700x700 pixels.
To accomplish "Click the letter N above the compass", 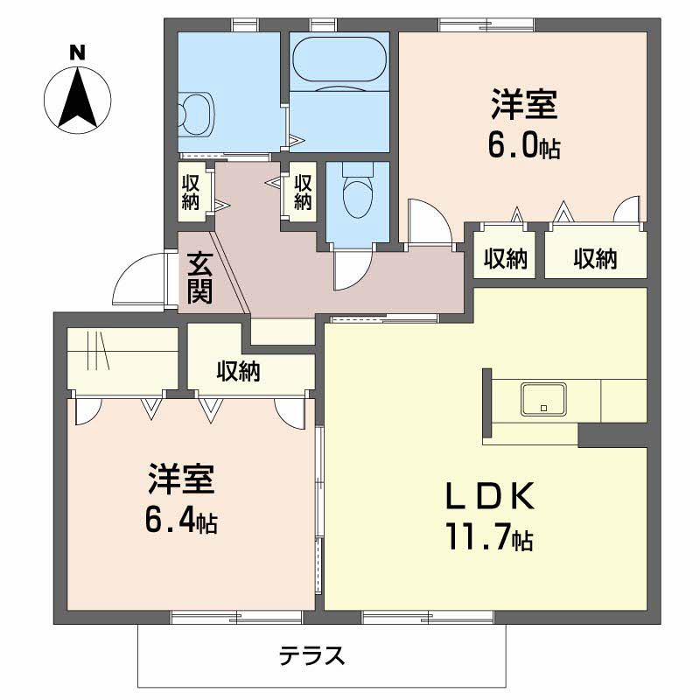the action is click(77, 53).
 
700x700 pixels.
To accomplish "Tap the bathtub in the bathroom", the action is click(339, 58).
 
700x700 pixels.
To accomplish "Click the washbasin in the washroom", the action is click(197, 115).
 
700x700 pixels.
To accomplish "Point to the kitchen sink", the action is click(543, 399).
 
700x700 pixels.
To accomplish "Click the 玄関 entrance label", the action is click(199, 277).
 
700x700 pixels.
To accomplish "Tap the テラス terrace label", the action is click(312, 655).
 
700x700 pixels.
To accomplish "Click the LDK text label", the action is click(490, 496).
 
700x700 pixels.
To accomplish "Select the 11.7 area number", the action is click(477, 537).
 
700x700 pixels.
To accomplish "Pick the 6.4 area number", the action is click(170, 520).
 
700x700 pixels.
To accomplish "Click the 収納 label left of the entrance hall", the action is click(191, 192).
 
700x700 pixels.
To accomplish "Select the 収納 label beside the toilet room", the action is click(303, 192).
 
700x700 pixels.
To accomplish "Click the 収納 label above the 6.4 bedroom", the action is click(238, 371).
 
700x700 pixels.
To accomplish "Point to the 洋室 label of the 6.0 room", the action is click(524, 103).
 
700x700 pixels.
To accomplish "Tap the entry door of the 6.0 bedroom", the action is click(430, 221).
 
